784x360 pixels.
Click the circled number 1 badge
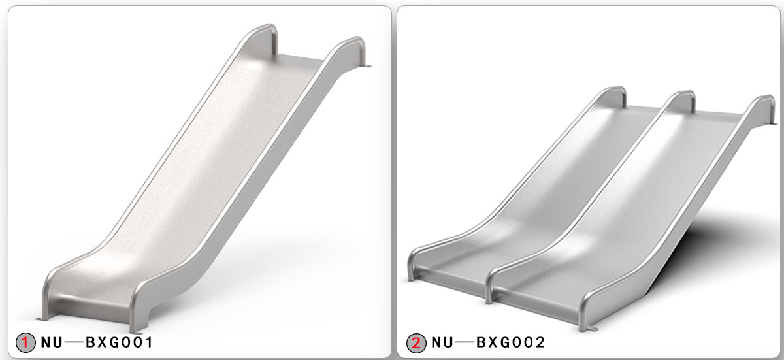pyautogui.click(x=25, y=342)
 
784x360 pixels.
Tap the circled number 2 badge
pyautogui.click(x=416, y=342)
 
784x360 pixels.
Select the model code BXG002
pyautogui.click(x=510, y=342)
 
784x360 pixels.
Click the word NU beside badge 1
pyautogui.click(x=54, y=342)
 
